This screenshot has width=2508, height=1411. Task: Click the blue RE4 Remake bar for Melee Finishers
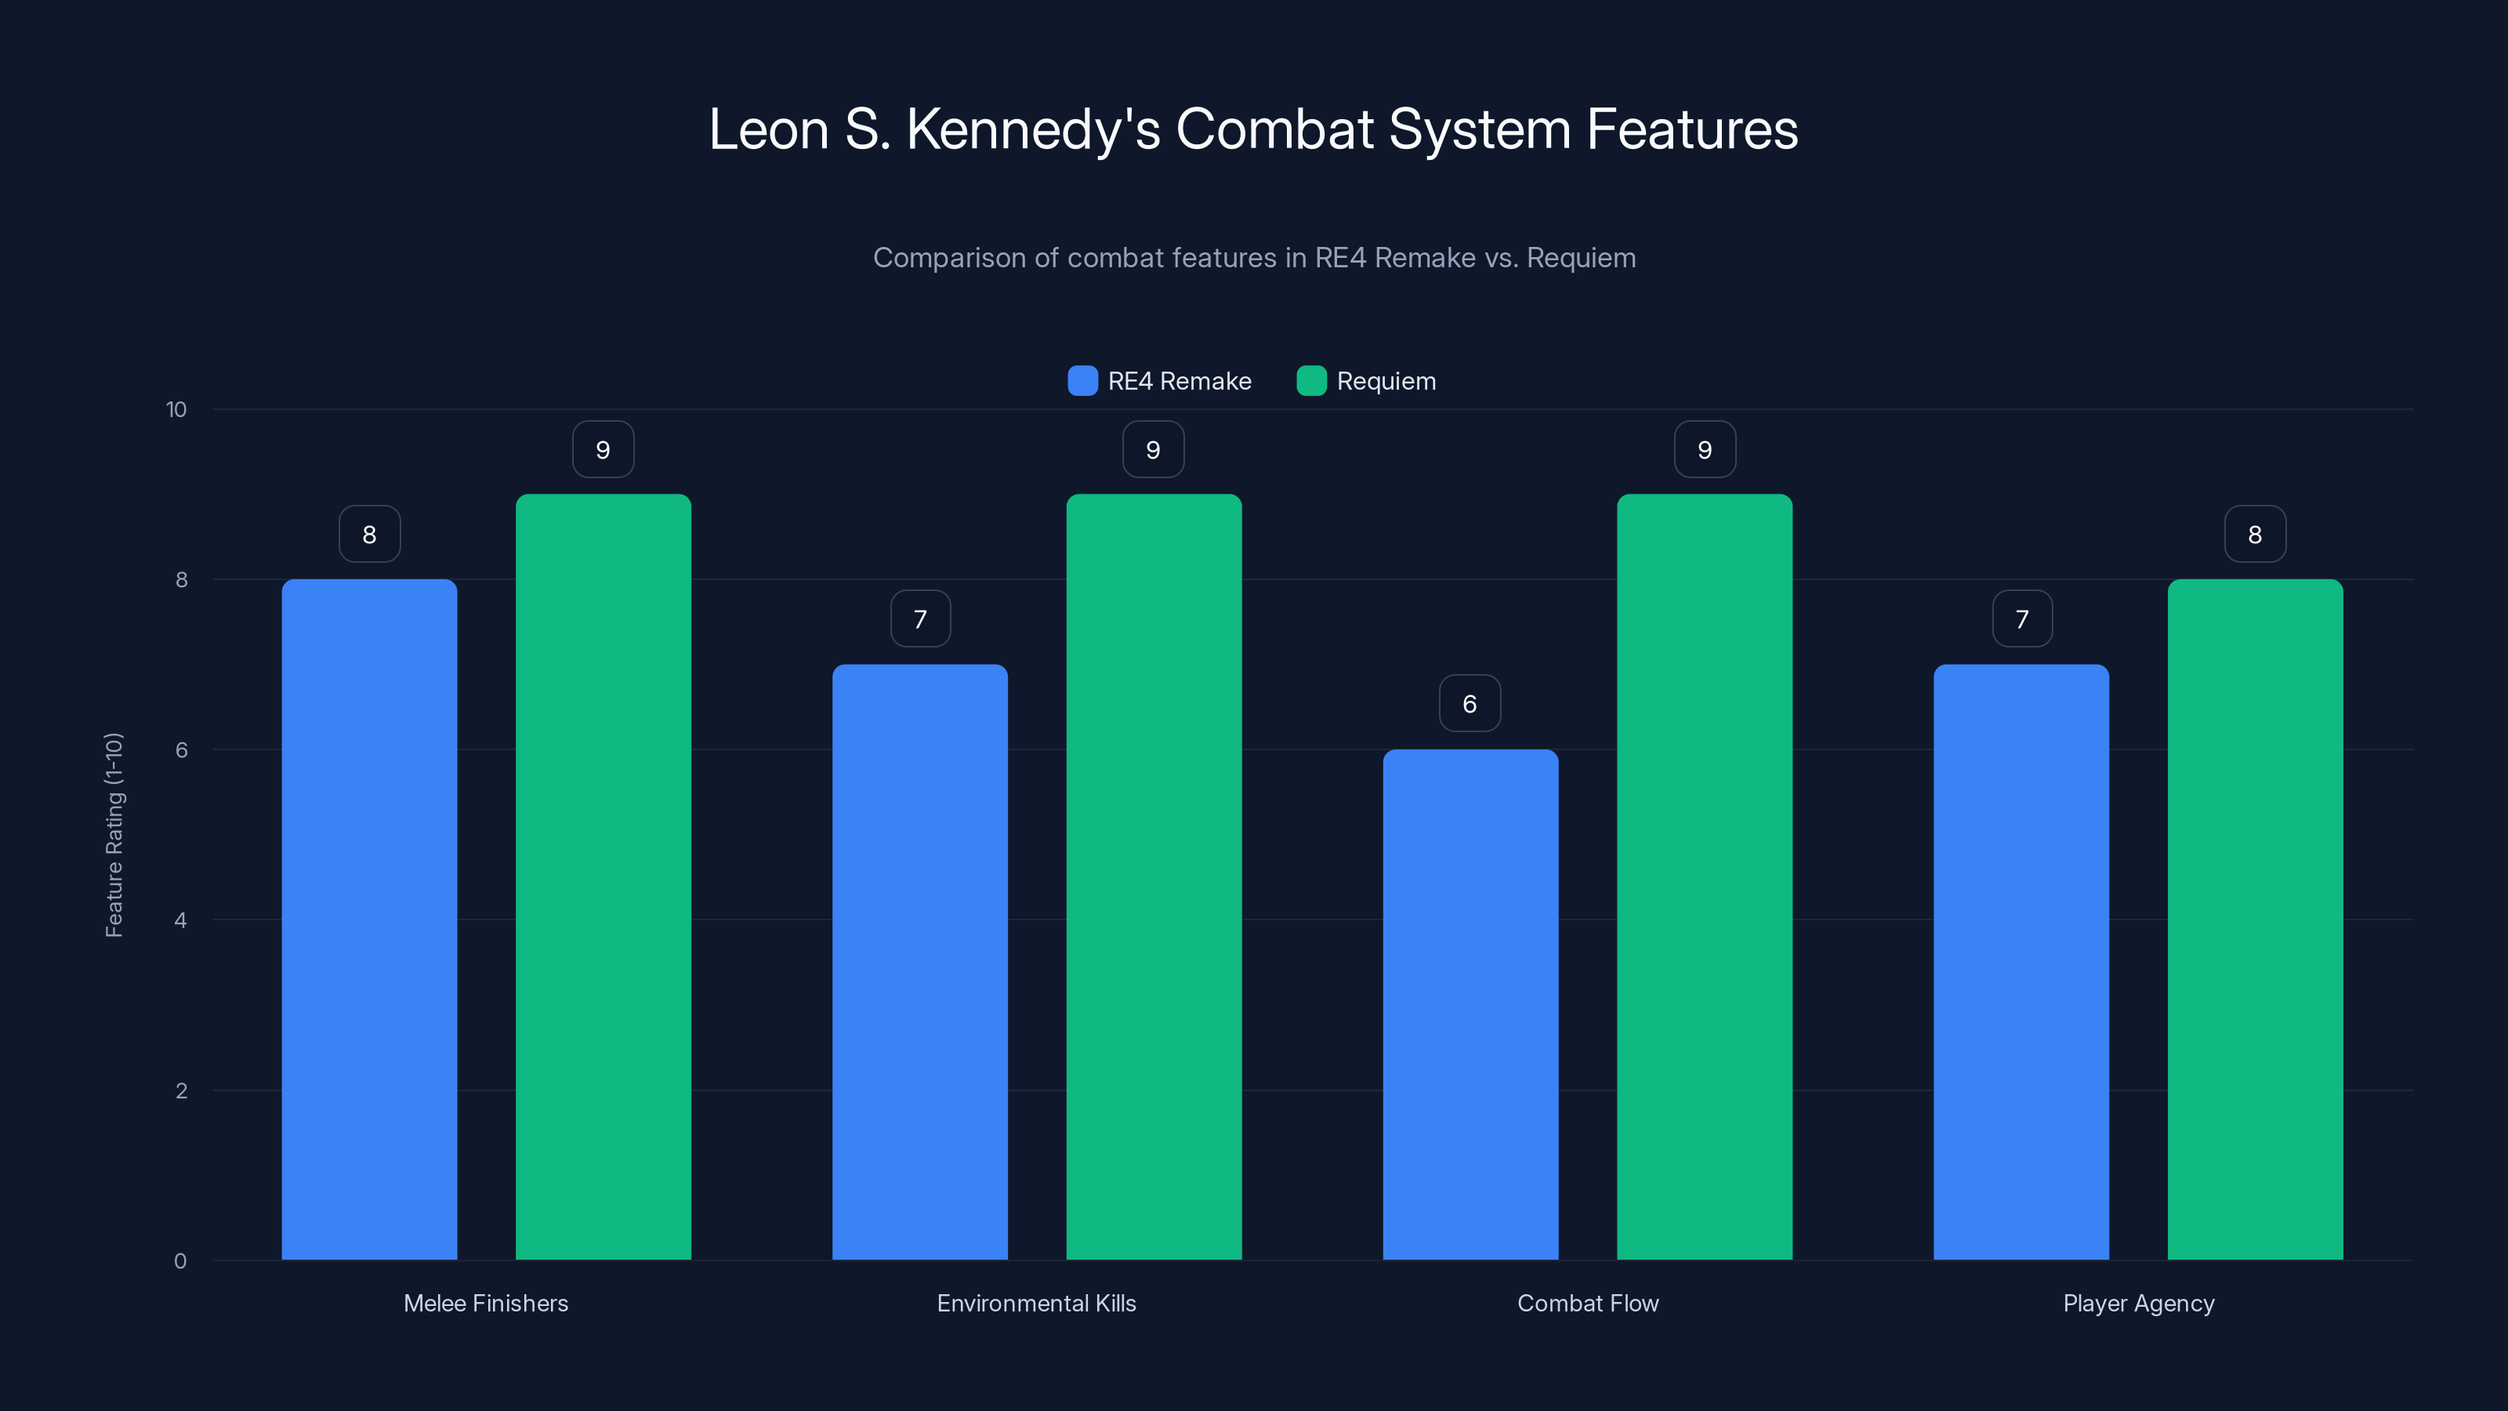point(369,920)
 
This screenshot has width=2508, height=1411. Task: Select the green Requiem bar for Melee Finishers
point(603,876)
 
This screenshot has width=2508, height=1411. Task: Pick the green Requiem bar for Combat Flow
point(1704,876)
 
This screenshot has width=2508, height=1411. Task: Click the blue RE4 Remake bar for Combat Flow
point(1470,1004)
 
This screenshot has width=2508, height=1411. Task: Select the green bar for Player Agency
point(2255,920)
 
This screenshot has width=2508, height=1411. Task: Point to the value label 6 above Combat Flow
point(1470,703)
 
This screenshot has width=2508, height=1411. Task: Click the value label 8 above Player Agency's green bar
point(2255,534)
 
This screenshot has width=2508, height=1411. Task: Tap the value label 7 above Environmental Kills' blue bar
point(920,618)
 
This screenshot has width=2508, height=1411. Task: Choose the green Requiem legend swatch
point(1311,381)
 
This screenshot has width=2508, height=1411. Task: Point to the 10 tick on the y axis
point(176,409)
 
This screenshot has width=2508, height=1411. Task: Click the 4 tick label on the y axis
point(180,920)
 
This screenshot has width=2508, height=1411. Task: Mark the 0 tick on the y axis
point(180,1261)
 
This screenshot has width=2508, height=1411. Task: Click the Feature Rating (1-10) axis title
point(114,835)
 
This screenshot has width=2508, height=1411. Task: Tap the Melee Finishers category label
point(486,1303)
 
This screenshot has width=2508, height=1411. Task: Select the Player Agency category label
point(2138,1303)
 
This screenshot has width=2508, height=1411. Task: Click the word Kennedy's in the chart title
point(1033,130)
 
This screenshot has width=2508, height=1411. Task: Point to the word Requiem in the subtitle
point(1580,258)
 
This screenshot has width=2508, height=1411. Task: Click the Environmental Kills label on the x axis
point(1036,1303)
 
